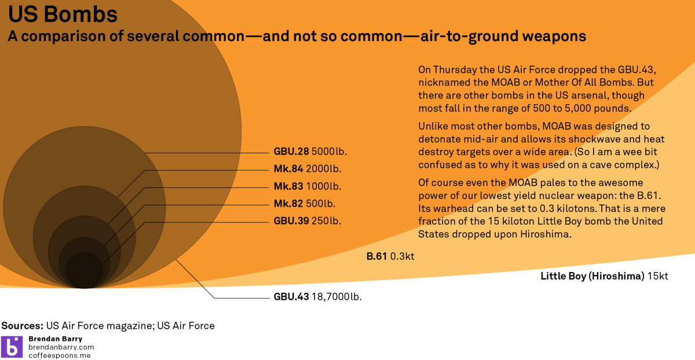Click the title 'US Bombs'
[x=63, y=14]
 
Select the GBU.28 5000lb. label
[x=313, y=152]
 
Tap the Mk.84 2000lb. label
[x=307, y=170]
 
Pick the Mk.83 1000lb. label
[x=307, y=186]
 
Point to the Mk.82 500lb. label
[x=304, y=204]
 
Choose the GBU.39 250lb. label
[x=307, y=221]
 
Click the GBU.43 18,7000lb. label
[x=317, y=297]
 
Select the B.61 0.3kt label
[x=390, y=256]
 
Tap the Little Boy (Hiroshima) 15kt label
[x=604, y=276]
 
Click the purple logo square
[x=12, y=346]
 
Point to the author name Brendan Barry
[x=55, y=339]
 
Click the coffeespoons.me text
[x=60, y=355]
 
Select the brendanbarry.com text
[x=61, y=347]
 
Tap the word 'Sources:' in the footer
[x=22, y=326]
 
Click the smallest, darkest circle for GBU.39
[x=85, y=270]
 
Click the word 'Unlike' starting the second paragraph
[x=432, y=126]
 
